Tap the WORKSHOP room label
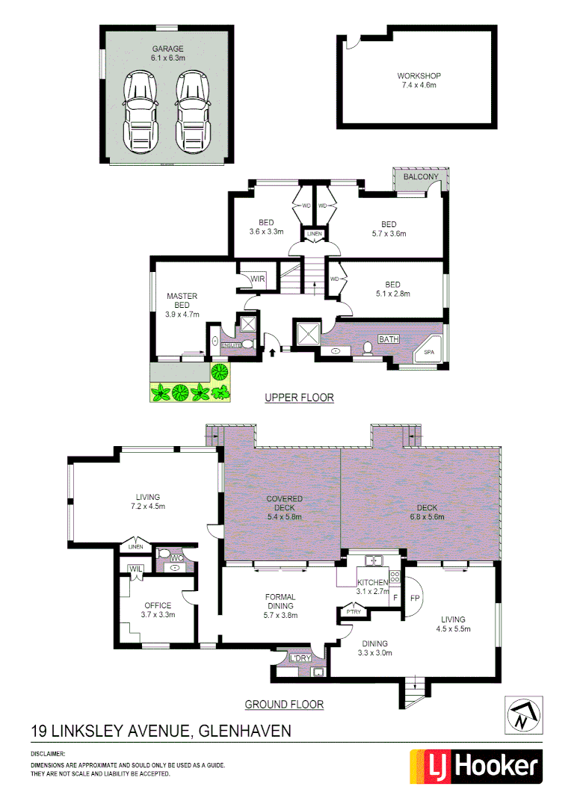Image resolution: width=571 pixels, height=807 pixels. coord(419,76)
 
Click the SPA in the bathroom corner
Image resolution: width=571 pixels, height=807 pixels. coord(429,351)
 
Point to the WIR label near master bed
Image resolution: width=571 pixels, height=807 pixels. coord(258,279)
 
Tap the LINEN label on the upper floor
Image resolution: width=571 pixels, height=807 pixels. coord(314,235)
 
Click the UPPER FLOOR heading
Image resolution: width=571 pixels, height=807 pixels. coord(299,398)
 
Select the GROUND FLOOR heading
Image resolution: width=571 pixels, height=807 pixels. coord(284,704)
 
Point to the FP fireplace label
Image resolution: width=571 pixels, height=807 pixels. coord(415,599)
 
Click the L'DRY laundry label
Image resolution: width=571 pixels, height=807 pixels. coord(300,658)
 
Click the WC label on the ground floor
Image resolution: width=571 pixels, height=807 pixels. coord(177,557)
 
